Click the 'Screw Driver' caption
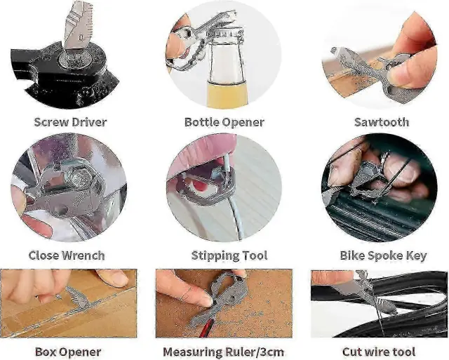tap(70, 122)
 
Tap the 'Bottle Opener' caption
tap(224, 122)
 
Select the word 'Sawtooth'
tap(382, 122)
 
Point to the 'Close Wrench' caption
tap(67, 255)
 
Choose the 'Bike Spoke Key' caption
tap(384, 255)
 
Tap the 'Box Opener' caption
tap(68, 352)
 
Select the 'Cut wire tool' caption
tap(379, 352)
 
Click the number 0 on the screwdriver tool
tap(81, 37)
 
